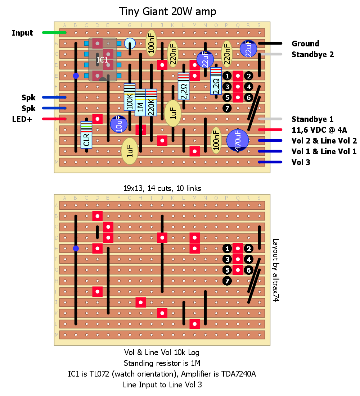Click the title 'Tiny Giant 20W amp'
pyautogui.click(x=167, y=12)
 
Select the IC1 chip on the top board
pyautogui.click(x=103, y=59)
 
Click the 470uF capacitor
pyautogui.click(x=238, y=140)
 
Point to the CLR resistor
pyautogui.click(x=86, y=135)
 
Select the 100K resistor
pyautogui.click(x=130, y=97)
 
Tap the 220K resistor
pyautogui.click(x=151, y=103)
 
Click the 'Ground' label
pyautogui.click(x=305, y=44)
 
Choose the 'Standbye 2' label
pyautogui.click(x=312, y=54)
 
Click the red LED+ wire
pyautogui.click(x=54, y=119)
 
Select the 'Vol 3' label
pyautogui.click(x=301, y=162)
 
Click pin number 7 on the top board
pyautogui.click(x=227, y=108)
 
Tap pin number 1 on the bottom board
pyautogui.click(x=227, y=249)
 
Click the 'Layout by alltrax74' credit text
pyautogui.click(x=276, y=270)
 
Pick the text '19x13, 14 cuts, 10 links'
pyautogui.click(x=162, y=188)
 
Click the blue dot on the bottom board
pyautogui.click(x=76, y=249)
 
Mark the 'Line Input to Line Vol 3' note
pyautogui.click(x=162, y=384)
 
